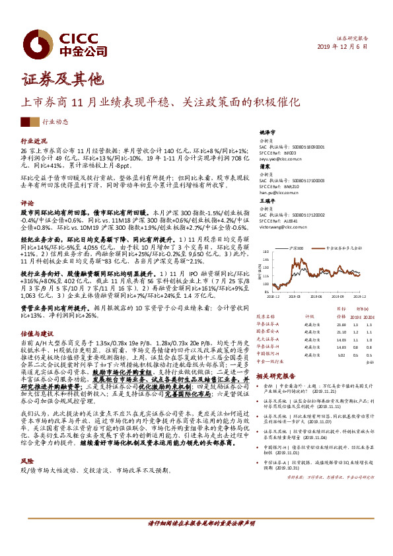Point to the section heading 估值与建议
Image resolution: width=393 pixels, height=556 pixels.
(37, 335)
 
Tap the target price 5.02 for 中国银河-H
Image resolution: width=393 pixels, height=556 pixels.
(341, 354)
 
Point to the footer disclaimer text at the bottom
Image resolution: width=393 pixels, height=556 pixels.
(197, 540)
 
